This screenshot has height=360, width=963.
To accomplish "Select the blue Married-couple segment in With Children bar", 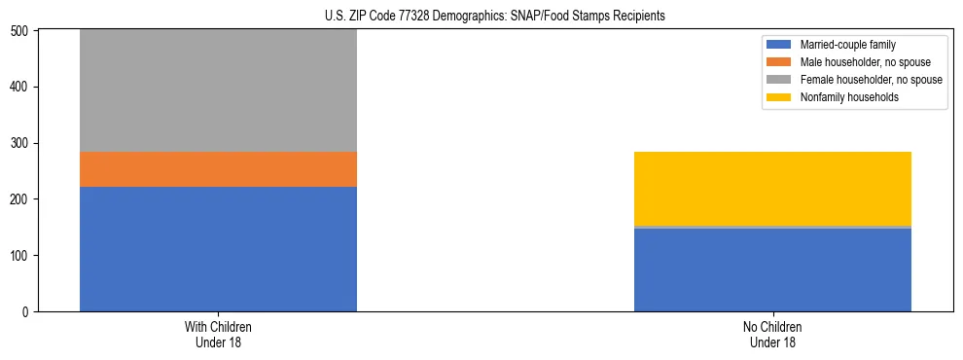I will tap(218, 249).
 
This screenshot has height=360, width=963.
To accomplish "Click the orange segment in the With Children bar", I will tap(218, 169).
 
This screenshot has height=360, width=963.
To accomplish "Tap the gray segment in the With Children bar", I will tap(218, 90).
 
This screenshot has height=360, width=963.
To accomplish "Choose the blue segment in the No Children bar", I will tap(772, 270).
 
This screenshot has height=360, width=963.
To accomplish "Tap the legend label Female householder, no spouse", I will tap(871, 80).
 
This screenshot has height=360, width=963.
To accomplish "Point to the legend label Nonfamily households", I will tap(842, 97).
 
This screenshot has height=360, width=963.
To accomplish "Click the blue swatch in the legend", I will tap(780, 45).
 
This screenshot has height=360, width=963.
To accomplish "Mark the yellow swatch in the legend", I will tap(780, 97).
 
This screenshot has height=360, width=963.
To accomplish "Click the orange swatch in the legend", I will tap(780, 62).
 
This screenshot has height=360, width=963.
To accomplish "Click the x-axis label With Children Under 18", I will tap(218, 334).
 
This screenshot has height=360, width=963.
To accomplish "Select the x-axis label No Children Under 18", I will tap(772, 334).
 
